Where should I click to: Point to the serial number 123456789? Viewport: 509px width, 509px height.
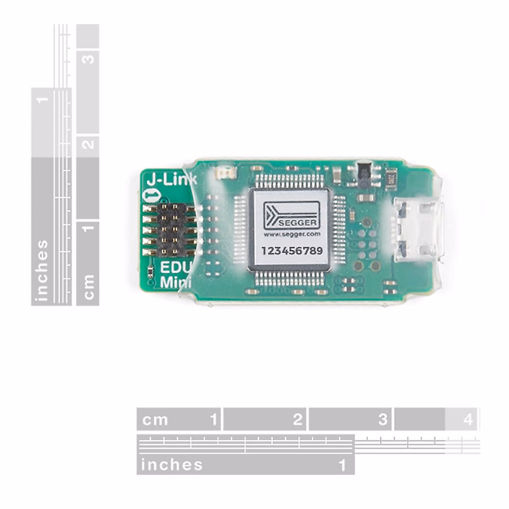click(292, 251)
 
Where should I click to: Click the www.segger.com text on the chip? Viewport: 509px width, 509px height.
click(292, 234)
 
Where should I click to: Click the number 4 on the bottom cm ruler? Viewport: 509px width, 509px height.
click(467, 420)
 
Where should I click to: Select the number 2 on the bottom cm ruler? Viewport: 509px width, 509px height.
click(298, 420)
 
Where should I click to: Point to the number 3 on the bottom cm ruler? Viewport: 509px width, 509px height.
click(383, 420)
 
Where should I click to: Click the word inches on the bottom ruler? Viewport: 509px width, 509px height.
click(172, 465)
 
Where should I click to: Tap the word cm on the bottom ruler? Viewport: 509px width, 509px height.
click(155, 420)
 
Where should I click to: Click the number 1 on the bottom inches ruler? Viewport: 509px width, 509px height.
click(342, 465)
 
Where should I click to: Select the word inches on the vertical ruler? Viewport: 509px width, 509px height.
click(42, 271)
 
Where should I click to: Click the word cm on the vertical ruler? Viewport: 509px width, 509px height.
click(88, 287)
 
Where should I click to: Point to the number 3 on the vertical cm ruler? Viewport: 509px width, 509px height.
click(88, 59)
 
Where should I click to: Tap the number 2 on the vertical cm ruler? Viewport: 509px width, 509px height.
click(88, 144)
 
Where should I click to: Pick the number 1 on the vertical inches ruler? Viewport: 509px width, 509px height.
click(42, 100)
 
